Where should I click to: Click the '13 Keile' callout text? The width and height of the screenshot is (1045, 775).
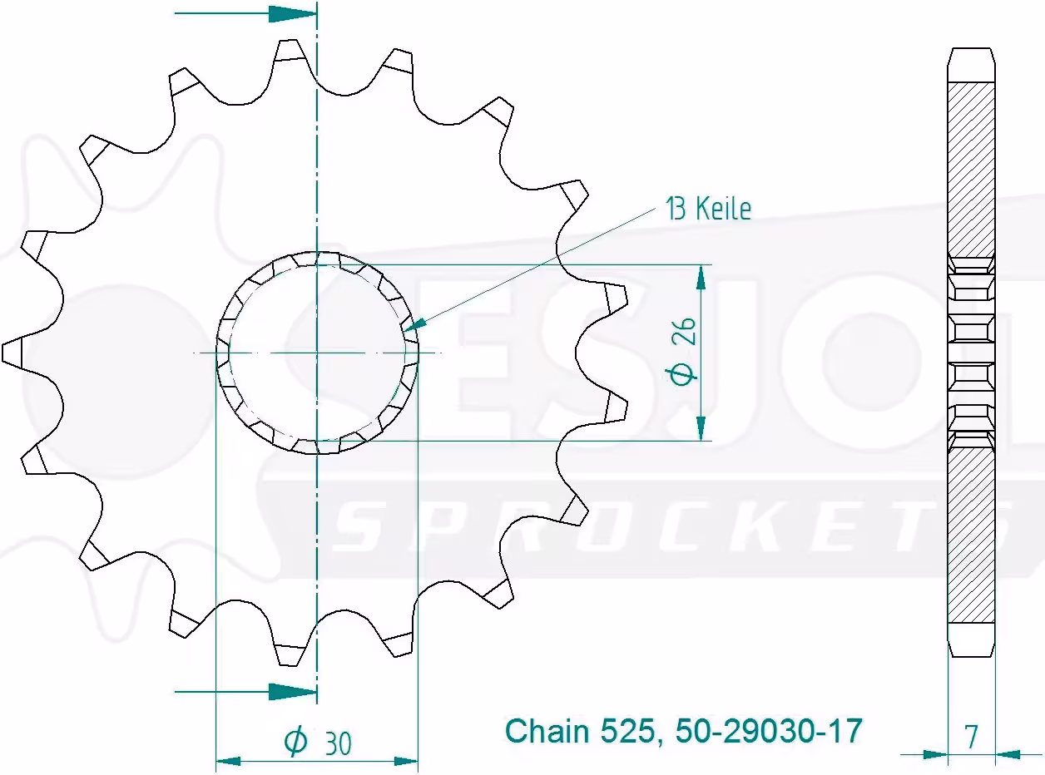pyautogui.click(x=708, y=209)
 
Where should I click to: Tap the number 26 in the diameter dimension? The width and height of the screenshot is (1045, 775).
pyautogui.click(x=686, y=332)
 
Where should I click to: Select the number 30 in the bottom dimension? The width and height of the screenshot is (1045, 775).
pyautogui.click(x=339, y=743)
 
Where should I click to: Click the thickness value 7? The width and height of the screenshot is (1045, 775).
pyautogui.click(x=971, y=737)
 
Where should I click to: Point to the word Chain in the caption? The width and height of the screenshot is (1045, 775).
pyautogui.click(x=547, y=731)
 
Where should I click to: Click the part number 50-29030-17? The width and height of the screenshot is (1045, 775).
pyautogui.click(x=769, y=731)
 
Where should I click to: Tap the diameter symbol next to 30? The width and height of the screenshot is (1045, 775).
pyautogui.click(x=295, y=743)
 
